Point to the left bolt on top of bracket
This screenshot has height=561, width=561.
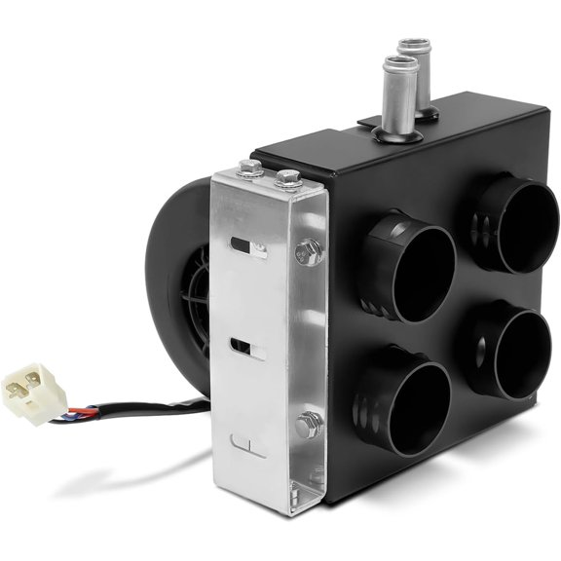click(x=249, y=172)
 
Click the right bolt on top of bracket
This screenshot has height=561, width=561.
click(x=287, y=178)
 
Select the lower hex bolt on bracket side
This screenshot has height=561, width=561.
click(x=308, y=425)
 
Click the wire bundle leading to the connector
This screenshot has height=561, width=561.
click(x=136, y=405)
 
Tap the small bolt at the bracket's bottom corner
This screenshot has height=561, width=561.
click(x=317, y=476)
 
